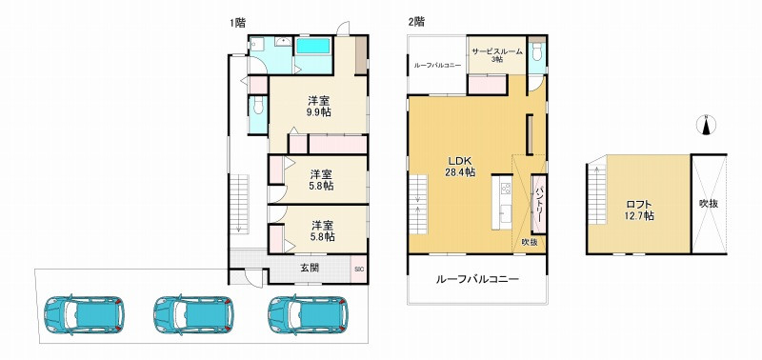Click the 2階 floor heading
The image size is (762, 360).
tap(415, 21)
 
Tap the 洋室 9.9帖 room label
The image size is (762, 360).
tap(318, 107)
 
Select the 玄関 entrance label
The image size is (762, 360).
tap(310, 269)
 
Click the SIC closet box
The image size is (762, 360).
tap(359, 269)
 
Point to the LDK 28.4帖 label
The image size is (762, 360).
tap(459, 166)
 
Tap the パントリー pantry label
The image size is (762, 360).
tap(538, 203)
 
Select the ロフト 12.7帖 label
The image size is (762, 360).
tap(639, 210)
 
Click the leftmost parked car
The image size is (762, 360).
tap(84, 313)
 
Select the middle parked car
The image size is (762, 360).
tap(195, 313)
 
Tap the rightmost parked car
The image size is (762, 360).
tap(308, 313)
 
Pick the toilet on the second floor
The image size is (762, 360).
tap(538, 51)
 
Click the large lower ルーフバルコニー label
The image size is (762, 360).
tap(477, 280)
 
